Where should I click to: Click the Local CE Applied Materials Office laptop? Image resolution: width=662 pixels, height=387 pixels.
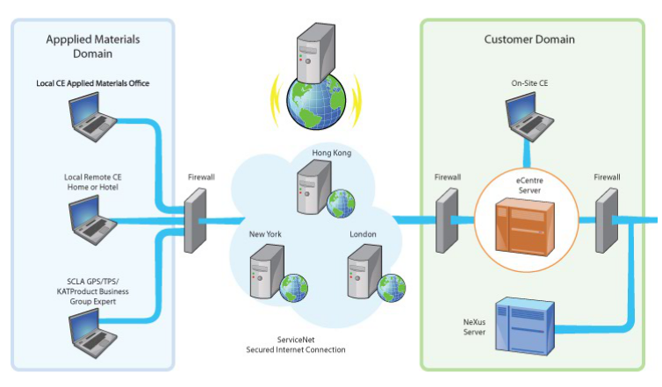tap(96, 118)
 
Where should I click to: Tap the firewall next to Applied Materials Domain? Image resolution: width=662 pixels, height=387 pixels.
tap(195, 220)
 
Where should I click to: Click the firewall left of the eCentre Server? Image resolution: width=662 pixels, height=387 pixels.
tap(448, 219)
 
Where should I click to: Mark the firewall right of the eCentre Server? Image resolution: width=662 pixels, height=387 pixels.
tap(608, 219)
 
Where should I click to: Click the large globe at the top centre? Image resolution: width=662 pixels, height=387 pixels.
tap(316, 92)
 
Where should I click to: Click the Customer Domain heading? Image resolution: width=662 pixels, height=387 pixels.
tap(529, 39)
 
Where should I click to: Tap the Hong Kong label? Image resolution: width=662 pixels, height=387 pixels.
tap(331, 154)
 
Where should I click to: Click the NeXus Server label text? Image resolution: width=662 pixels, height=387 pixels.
tap(474, 326)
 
